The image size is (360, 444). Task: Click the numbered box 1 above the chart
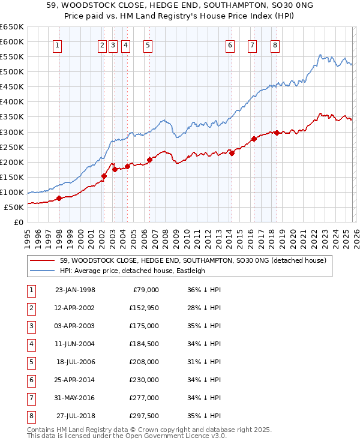[x=57, y=44]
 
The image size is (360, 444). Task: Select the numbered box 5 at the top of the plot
[x=148, y=44]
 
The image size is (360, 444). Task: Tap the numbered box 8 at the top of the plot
[x=275, y=44]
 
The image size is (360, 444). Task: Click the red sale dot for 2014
[x=232, y=152]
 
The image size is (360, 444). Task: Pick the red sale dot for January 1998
[x=59, y=198]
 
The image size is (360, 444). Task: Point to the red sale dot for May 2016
[x=254, y=139]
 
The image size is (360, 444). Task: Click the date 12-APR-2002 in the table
[x=75, y=308]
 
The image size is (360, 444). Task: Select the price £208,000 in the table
[x=144, y=362]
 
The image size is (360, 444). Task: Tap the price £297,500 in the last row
[x=144, y=416]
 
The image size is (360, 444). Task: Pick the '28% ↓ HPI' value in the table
[x=204, y=308]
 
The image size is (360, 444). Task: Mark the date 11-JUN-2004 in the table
[x=75, y=344]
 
